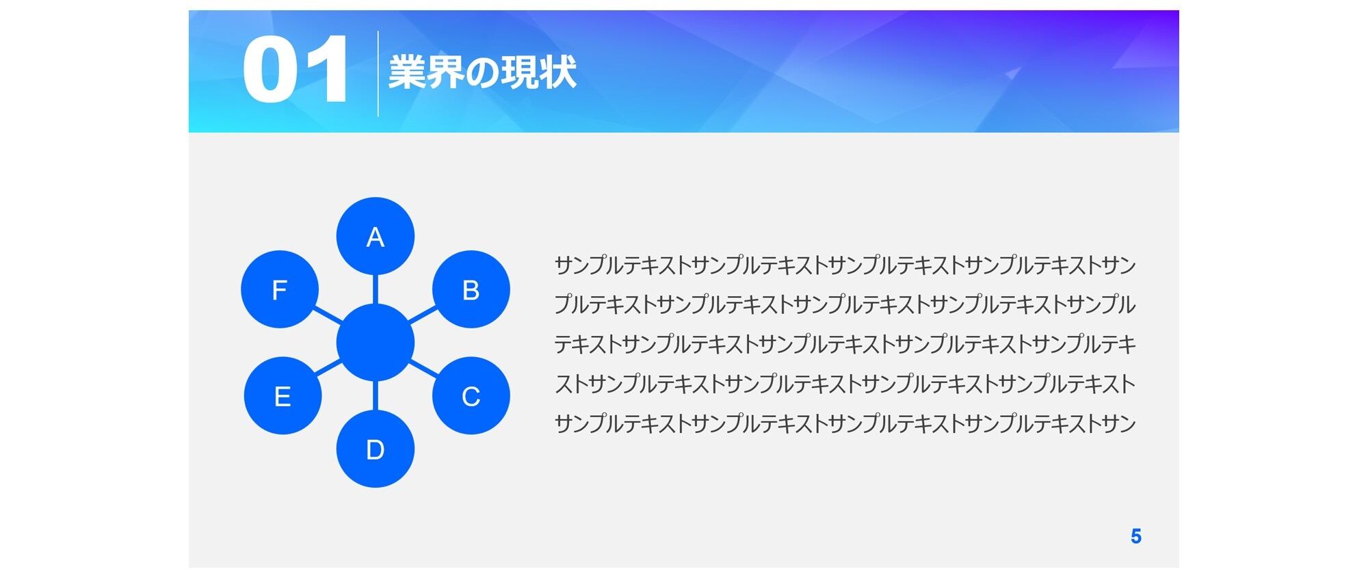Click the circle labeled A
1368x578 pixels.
376,237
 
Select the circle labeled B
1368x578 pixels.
471,289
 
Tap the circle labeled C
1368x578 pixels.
471,395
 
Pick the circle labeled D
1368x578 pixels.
376,449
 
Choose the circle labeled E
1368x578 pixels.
282,395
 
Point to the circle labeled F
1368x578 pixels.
280,289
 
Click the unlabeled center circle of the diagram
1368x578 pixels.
376,343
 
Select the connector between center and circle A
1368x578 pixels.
376,289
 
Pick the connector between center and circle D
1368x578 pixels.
376,395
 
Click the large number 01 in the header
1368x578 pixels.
295,70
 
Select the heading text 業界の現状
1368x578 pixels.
483,72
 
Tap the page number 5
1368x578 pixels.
1136,536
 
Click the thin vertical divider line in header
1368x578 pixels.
378,74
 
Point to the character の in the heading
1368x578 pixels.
483,73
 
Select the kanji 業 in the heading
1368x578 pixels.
407,72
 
